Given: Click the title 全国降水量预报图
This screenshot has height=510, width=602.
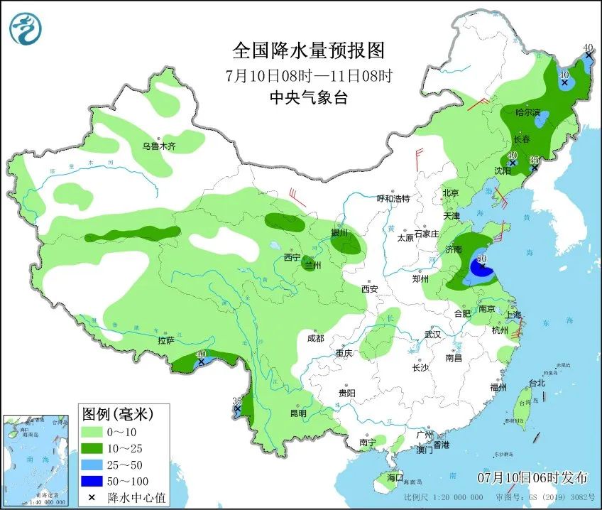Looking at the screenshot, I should [308, 51].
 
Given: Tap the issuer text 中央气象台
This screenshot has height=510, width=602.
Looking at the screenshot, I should [308, 99].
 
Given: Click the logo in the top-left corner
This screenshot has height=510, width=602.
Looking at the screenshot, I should [26, 28].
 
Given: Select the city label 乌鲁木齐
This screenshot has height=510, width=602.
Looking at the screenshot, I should [158, 146].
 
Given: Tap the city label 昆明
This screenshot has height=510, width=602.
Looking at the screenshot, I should [297, 413].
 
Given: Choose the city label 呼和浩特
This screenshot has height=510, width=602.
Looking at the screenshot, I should [393, 199].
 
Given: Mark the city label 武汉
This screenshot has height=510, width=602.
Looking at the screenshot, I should [432, 334].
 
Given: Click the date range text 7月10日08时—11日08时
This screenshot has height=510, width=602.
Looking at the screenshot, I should [308, 75].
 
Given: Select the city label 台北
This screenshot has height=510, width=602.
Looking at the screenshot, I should [537, 383].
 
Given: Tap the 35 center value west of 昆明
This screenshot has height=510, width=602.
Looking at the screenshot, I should [237, 401].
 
